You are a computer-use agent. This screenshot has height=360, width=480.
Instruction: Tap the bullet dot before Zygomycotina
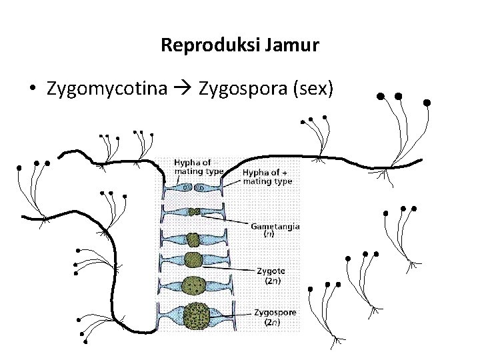click(33, 89)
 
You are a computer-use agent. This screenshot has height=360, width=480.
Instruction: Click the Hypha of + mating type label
click(267, 177)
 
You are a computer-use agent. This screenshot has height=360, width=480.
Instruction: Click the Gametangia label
click(275, 227)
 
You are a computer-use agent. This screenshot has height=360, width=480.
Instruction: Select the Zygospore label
click(275, 312)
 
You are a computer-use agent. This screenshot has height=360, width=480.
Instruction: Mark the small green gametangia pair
click(193, 211)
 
